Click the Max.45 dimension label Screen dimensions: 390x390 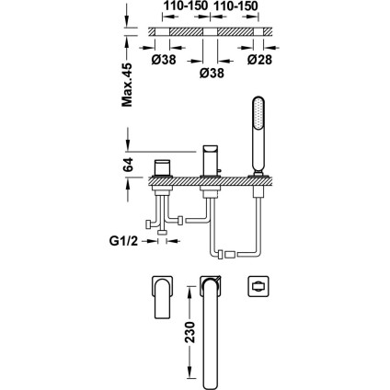127,85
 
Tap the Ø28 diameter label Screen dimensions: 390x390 259,60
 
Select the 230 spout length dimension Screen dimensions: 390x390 190,332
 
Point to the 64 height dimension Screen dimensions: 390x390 129,165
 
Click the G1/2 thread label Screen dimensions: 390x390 124,241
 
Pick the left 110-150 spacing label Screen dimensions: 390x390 186,6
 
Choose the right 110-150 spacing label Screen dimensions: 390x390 235,6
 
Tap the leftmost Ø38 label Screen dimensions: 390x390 164,60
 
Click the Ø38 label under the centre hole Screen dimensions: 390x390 212,73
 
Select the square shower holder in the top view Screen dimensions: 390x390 258,286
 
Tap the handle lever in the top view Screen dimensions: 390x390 163,297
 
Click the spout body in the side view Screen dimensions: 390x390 210,160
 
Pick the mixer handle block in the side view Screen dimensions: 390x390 163,167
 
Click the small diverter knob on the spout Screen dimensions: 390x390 219,170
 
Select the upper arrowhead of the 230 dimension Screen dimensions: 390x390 190,292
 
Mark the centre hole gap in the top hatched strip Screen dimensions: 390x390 210,31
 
